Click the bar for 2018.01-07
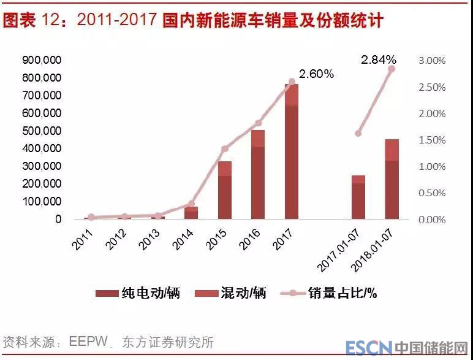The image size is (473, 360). click(x=392, y=181)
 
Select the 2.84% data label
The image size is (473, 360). click(x=378, y=60)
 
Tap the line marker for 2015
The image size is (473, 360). click(x=225, y=149)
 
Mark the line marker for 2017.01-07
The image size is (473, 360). click(x=358, y=133)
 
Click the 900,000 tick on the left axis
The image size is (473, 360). click(x=41, y=60)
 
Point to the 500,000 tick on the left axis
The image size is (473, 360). click(x=41, y=131)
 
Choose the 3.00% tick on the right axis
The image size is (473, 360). click(x=432, y=61)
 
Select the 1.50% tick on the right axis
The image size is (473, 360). click(x=432, y=140)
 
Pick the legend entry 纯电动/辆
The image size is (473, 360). click(x=138, y=293)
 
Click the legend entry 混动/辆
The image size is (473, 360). click(x=225, y=293)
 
